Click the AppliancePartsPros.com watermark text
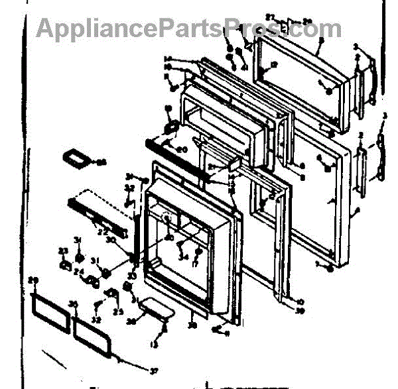189,28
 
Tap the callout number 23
64,250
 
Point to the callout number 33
132,276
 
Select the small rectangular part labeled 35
74,159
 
